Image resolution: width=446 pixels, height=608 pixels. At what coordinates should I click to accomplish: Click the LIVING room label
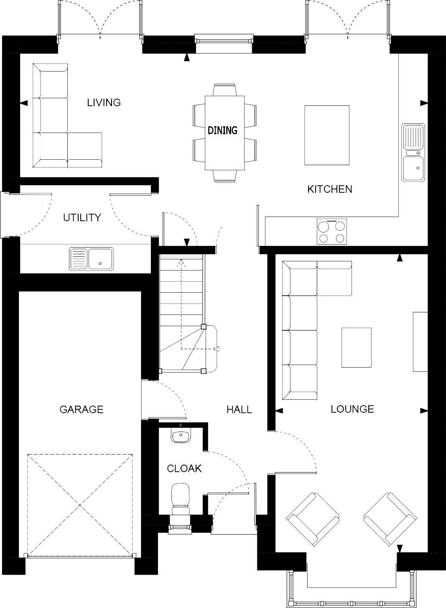click(104, 102)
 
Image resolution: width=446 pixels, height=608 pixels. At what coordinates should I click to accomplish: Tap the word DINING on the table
click(222, 130)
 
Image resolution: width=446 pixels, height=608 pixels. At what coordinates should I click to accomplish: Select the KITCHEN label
click(329, 189)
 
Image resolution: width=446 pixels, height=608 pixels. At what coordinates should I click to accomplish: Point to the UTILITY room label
click(82, 217)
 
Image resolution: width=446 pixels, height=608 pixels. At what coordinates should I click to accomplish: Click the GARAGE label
click(81, 409)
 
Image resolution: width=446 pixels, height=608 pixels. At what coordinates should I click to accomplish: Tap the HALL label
click(239, 409)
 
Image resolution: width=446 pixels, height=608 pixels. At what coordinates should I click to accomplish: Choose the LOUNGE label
click(352, 409)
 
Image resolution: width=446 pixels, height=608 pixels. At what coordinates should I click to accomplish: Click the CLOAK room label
click(184, 469)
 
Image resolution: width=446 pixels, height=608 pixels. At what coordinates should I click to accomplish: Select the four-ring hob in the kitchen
click(331, 232)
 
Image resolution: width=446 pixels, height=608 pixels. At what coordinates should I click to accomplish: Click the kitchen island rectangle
click(326, 135)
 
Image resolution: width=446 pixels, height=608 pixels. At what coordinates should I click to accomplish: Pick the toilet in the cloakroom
click(181, 498)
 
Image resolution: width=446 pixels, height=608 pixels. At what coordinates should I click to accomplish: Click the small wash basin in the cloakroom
click(181, 435)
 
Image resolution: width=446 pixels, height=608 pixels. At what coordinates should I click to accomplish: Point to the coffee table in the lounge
click(356, 347)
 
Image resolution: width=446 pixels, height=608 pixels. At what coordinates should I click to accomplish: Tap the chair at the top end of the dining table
click(224, 89)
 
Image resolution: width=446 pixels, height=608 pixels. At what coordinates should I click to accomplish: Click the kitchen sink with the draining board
click(413, 152)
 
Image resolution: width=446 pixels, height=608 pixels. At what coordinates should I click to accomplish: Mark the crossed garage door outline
click(80, 505)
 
